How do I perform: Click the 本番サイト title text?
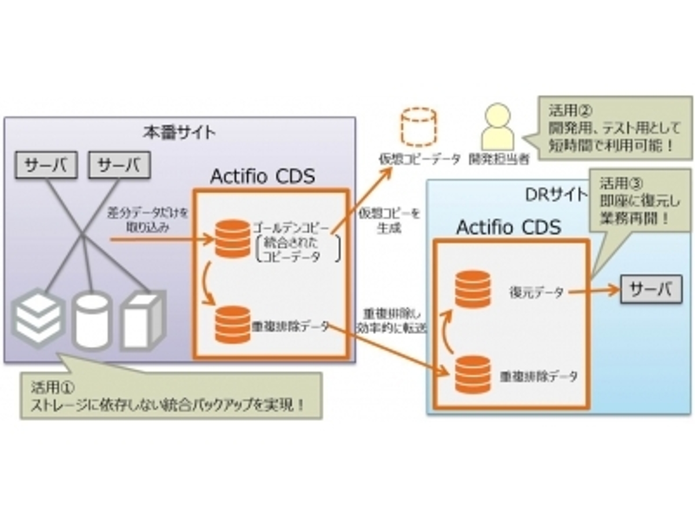coord(179,132)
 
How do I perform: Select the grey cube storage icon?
coord(142,319)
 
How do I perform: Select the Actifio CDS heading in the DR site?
coord(509,227)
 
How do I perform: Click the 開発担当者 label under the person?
coord(499,159)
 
